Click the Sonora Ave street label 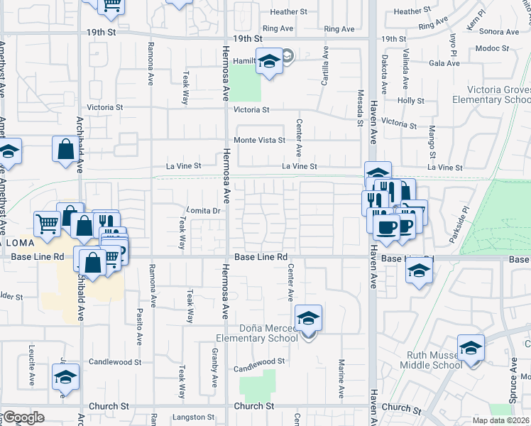coord(499,32)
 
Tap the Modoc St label coord(488,48)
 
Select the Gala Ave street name coord(445,63)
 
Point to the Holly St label coord(411,101)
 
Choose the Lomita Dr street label coord(204,211)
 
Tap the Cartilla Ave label coord(325,67)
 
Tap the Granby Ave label coord(214,368)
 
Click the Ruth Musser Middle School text coord(434,360)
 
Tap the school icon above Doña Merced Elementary coord(308,317)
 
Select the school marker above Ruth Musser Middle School coord(470,348)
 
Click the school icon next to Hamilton coord(270,62)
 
